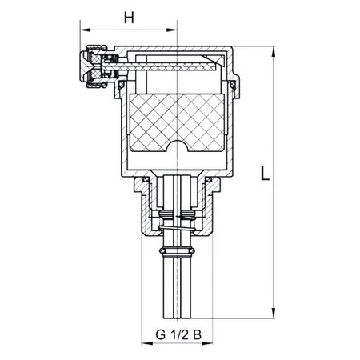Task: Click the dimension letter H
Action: (x=129, y=18)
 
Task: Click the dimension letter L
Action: (x=265, y=173)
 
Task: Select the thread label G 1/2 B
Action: (x=178, y=334)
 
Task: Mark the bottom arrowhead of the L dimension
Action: (x=273, y=313)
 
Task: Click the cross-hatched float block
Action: (x=177, y=123)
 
